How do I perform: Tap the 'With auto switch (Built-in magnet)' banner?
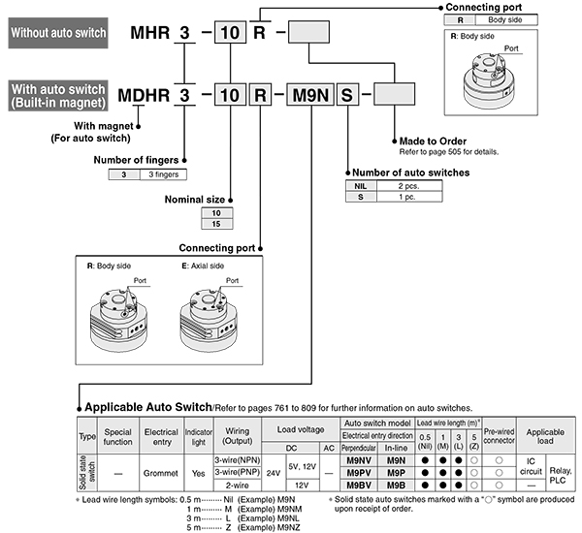coord(57,97)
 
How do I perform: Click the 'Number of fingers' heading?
coord(137,160)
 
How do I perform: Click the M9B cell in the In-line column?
coord(395,484)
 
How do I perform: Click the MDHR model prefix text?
coord(143,97)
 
